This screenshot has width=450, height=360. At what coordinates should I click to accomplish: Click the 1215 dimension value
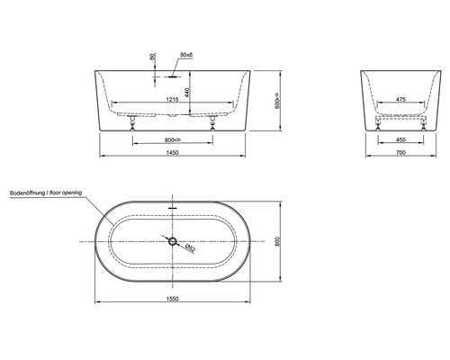tap(172, 99)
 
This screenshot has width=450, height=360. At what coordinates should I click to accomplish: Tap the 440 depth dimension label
tap(187, 92)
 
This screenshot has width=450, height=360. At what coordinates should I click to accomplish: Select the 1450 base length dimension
tap(172, 153)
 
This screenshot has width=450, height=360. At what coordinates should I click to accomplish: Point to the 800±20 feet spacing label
tap(173, 139)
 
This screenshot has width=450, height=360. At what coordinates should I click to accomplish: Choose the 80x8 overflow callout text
tap(186, 55)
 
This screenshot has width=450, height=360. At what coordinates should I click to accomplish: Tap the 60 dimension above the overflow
tap(152, 56)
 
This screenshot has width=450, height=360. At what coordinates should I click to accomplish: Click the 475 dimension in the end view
tap(400, 99)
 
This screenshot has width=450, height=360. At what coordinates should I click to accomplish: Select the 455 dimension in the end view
tap(400, 139)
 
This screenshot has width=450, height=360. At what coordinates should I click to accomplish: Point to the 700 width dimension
tap(400, 153)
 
